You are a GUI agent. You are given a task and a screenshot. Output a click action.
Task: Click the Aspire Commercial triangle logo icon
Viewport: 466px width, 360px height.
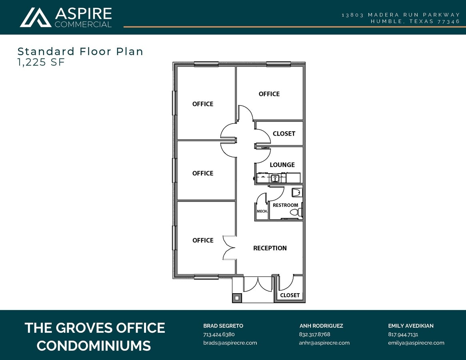[36, 18]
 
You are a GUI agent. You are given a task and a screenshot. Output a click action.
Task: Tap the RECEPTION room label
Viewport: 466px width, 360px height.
[270, 248]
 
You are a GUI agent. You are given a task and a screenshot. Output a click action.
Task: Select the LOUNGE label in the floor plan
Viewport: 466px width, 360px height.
[282, 165]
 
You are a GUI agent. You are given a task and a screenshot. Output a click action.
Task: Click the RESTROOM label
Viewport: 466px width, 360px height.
[285, 205]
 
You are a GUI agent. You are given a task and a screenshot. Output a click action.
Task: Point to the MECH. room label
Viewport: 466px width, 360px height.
[262, 211]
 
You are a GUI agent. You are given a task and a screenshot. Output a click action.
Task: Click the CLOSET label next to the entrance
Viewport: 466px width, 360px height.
[290, 295]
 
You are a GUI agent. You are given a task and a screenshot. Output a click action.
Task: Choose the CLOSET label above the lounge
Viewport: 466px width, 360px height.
[284, 134]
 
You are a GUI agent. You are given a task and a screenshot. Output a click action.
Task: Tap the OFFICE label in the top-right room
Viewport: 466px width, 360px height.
[269, 94]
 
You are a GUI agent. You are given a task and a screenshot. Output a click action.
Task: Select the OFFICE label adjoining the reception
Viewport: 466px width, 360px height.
[203, 240]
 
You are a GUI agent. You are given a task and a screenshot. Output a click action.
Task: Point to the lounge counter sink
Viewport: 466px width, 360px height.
[274, 178]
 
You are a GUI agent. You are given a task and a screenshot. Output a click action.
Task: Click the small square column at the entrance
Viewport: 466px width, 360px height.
[237, 298]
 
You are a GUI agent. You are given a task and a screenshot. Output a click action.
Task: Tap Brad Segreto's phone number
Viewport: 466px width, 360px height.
[219, 334]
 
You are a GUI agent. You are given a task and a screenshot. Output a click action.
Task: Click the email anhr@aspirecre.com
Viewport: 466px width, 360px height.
[324, 343]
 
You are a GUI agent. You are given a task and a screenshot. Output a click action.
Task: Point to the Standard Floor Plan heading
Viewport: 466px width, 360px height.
[80, 51]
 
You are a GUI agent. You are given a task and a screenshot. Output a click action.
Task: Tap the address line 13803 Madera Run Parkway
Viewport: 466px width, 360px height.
[401, 15]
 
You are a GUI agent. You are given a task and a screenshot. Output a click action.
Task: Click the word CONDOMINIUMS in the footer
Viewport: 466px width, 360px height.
[94, 345]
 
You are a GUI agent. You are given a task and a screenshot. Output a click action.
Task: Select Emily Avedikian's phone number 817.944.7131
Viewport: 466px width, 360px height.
[403, 334]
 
